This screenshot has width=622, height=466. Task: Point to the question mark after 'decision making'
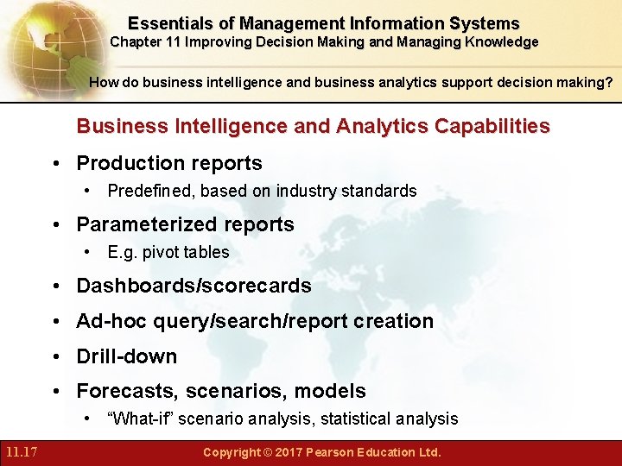pos(609,83)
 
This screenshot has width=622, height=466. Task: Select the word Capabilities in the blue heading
pos(492,126)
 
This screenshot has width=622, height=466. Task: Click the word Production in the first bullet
pos(126,163)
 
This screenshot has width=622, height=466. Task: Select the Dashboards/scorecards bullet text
pos(194,286)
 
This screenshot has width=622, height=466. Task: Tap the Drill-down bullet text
pos(126,356)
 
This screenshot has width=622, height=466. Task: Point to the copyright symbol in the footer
pos(269,452)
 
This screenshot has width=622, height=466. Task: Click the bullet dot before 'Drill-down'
pos(57,356)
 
